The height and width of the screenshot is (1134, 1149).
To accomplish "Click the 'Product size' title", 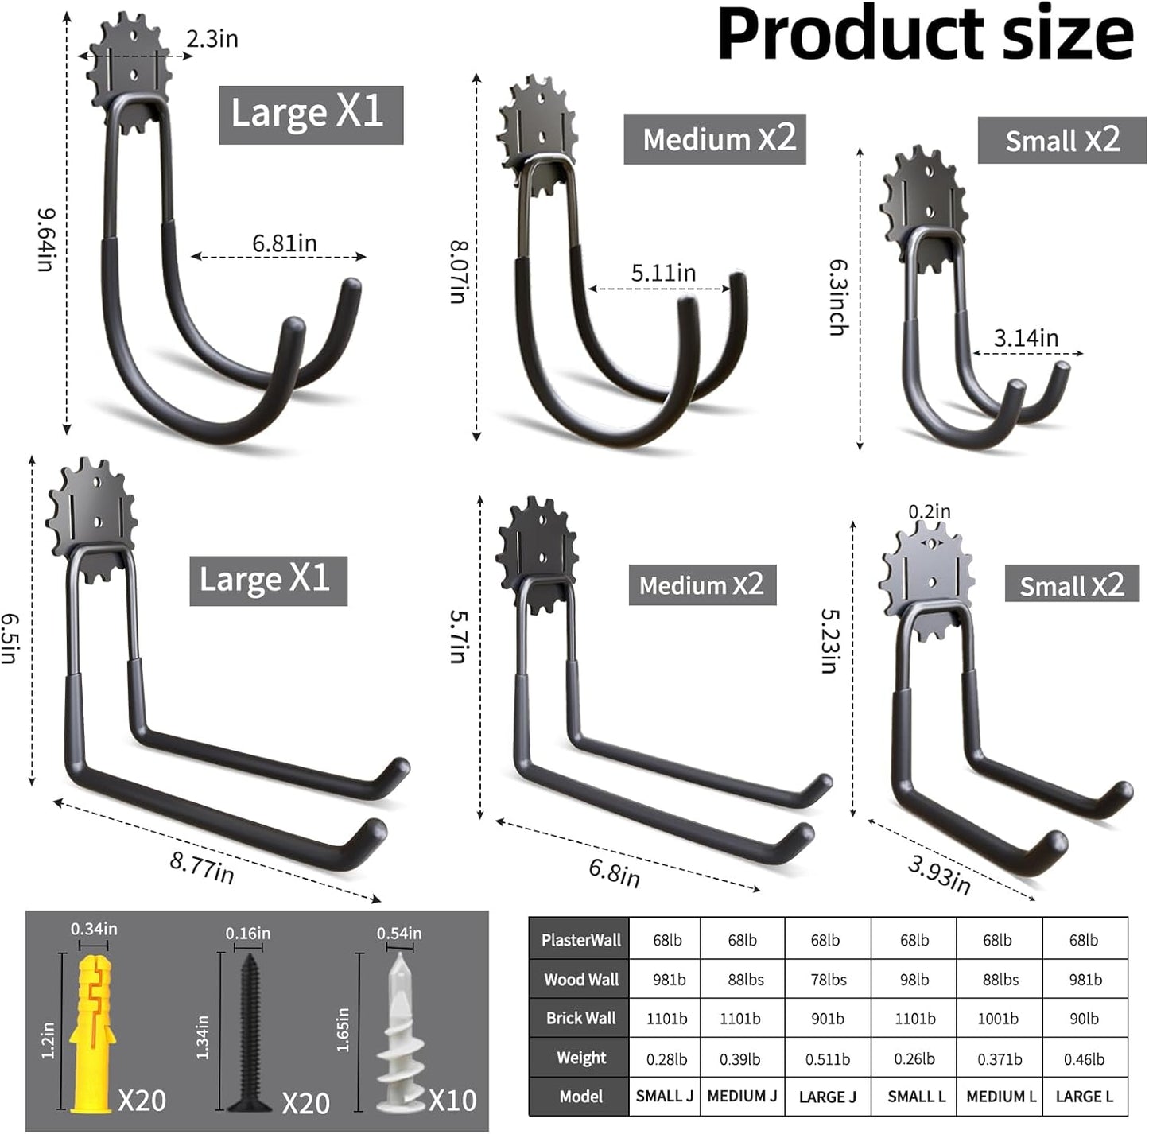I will [924, 34].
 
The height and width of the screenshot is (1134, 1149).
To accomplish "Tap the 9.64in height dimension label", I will [46, 239].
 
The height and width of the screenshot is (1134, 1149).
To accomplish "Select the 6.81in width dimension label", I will [284, 243].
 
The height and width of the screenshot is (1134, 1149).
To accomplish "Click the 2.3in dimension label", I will [212, 38].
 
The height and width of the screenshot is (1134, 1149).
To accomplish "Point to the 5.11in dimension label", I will [663, 273].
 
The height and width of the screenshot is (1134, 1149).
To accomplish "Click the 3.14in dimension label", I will [1026, 338].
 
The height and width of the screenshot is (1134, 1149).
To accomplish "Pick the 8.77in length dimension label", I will [202, 868].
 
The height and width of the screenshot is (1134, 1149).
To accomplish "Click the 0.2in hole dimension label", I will [930, 511].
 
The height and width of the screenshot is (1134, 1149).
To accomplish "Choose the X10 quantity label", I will [452, 1101].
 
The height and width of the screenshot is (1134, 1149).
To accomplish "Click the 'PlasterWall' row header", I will [580, 940].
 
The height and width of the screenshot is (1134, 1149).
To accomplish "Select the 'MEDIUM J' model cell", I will [742, 1096].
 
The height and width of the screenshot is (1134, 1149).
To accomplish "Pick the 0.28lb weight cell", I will [666, 1058].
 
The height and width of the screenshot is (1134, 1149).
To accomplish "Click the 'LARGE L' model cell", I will [1084, 1096].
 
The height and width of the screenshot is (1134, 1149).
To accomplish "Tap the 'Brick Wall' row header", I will [580, 1018].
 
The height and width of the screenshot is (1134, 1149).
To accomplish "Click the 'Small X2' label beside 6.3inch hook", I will [1062, 141].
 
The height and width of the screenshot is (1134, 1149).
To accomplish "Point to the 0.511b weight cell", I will [827, 1058].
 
